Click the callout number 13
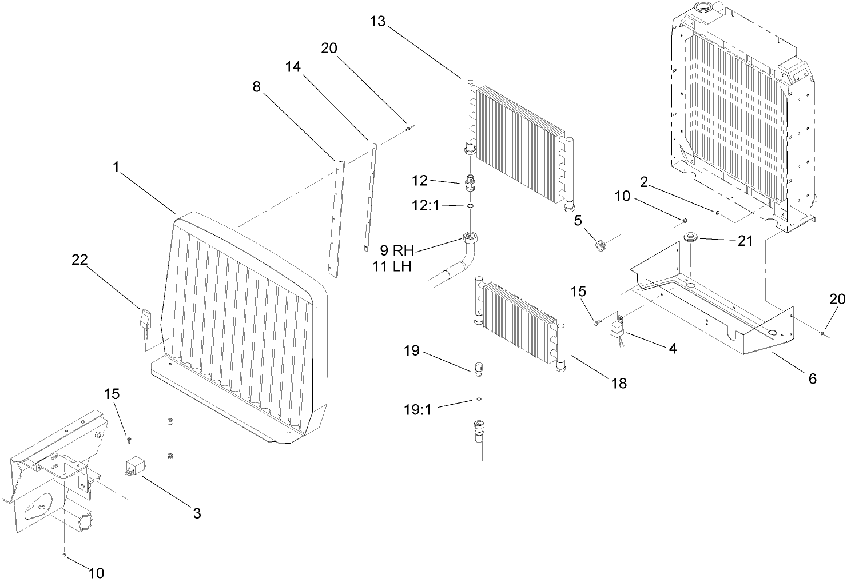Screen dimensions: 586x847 coord(378,22)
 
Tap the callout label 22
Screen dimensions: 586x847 coord(79,260)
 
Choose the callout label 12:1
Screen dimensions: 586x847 coord(426,205)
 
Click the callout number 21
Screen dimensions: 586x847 coord(745,241)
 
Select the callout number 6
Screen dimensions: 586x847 coord(812,378)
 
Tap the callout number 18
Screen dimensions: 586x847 coord(619,383)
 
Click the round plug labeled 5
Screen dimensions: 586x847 coord(599,246)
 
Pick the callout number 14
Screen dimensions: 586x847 coord(293,67)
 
